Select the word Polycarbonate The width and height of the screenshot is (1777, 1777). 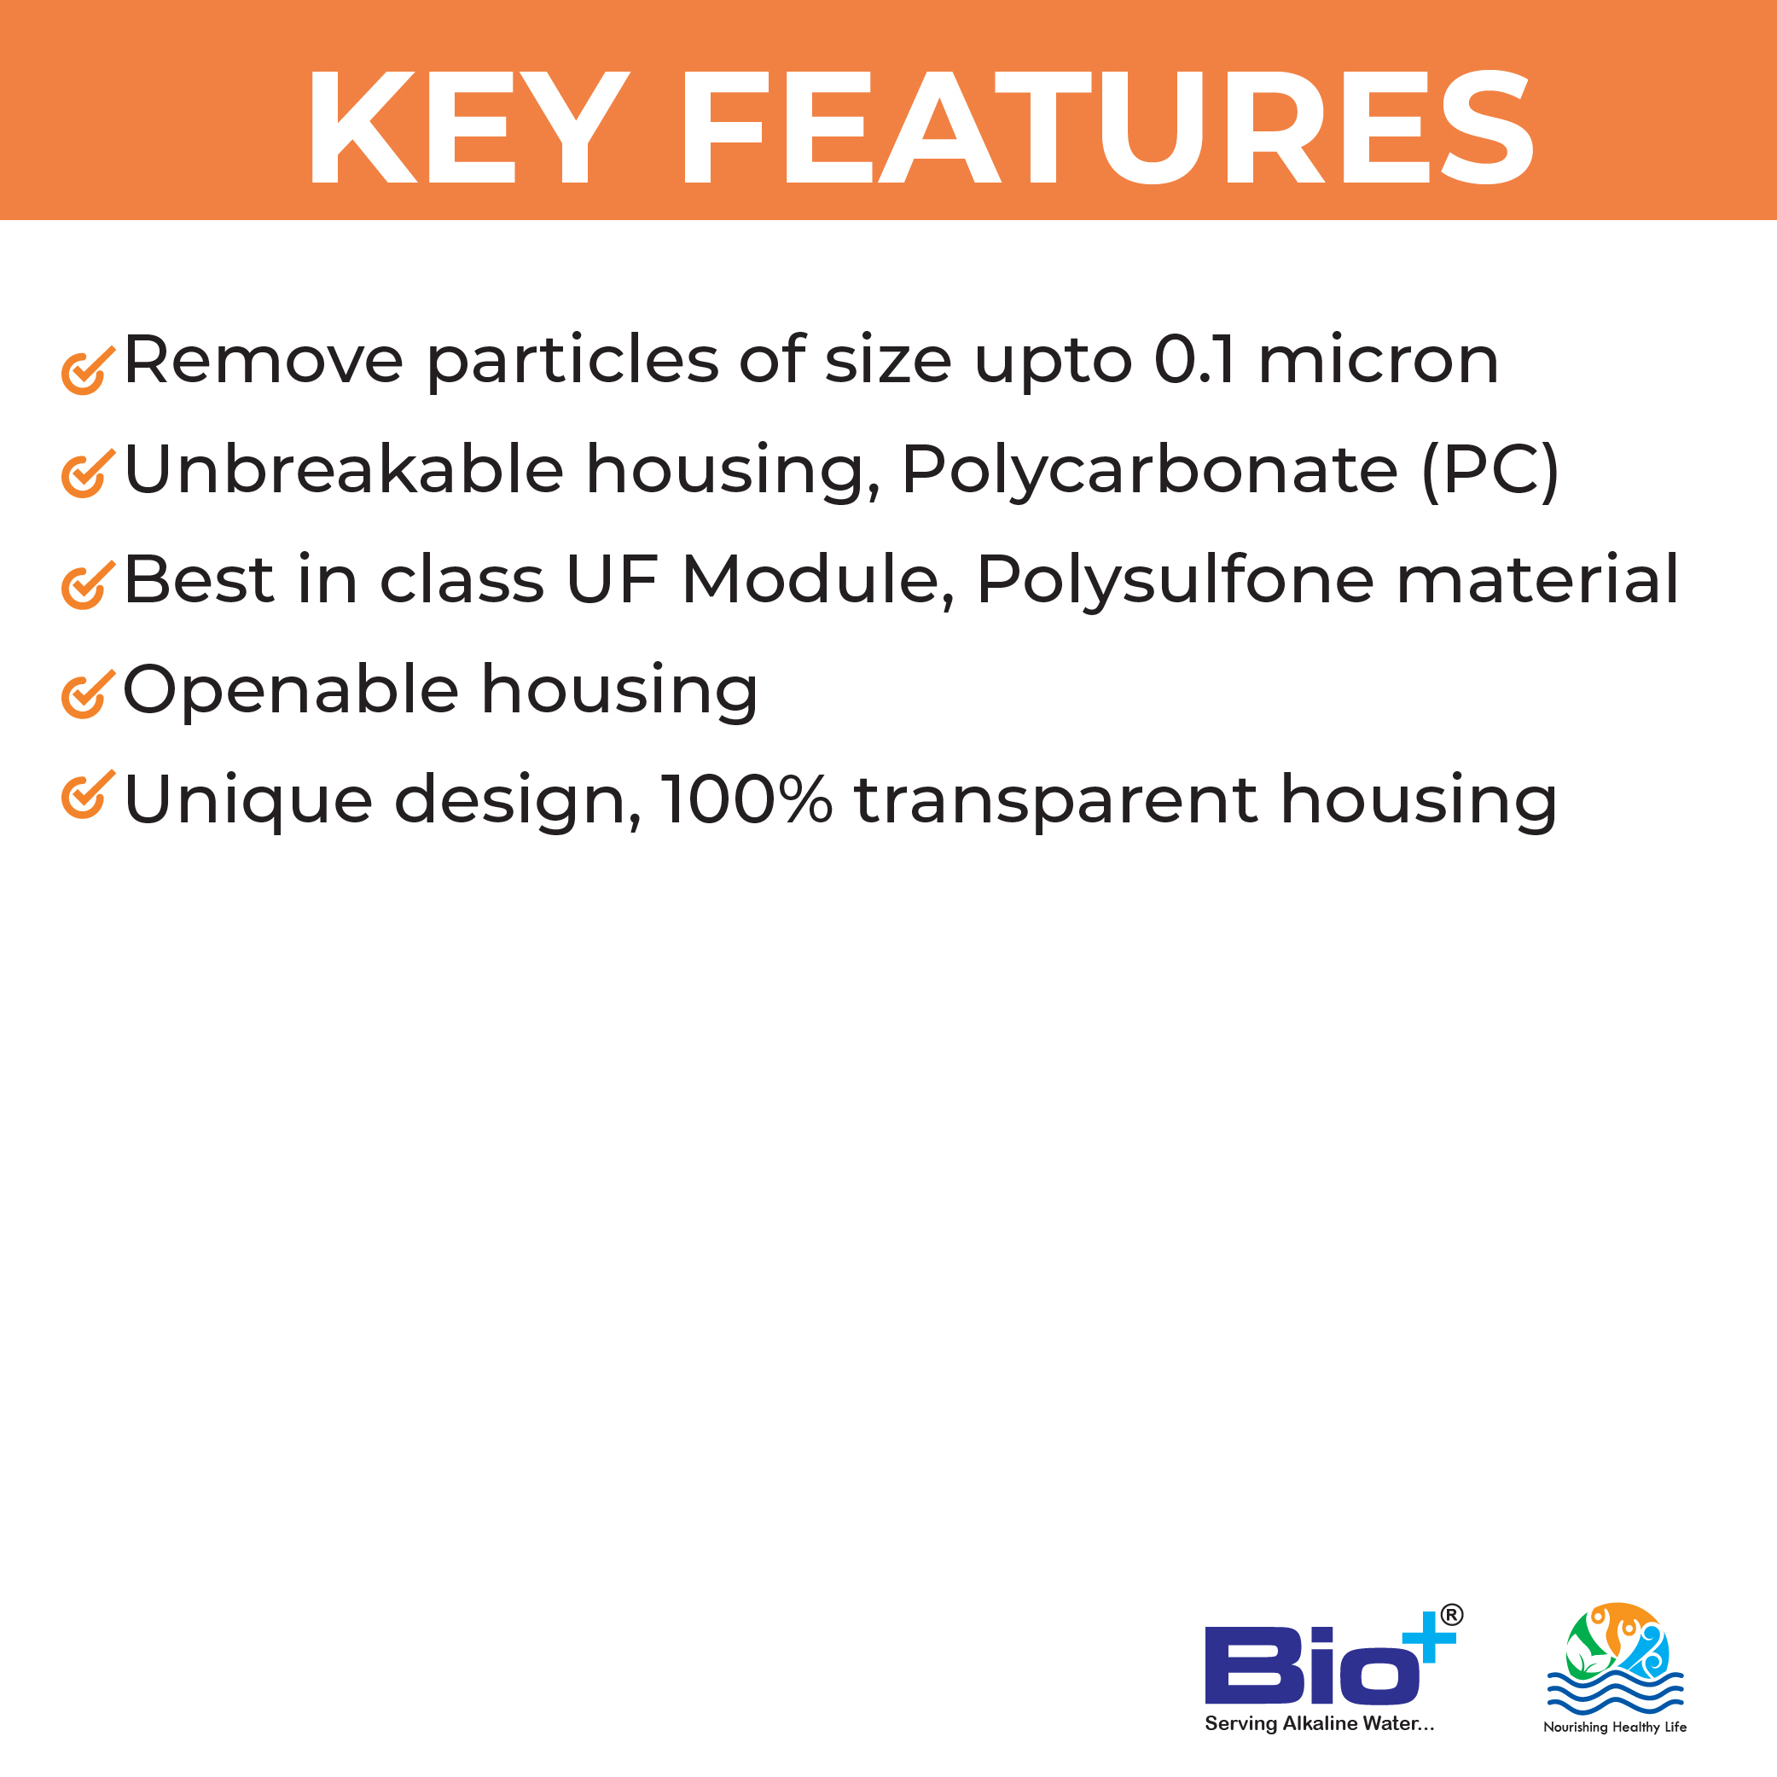click(x=1150, y=471)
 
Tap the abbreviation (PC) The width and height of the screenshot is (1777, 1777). click(x=1491, y=471)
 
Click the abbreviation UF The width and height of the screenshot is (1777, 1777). click(x=612, y=580)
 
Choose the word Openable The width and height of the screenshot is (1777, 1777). click(x=291, y=691)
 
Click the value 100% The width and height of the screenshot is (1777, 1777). click(x=746, y=799)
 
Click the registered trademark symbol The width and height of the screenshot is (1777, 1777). click(x=1451, y=1615)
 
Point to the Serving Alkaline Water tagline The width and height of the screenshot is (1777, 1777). click(x=1319, y=1723)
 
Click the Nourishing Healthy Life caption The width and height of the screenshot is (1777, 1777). click(x=1615, y=1728)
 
